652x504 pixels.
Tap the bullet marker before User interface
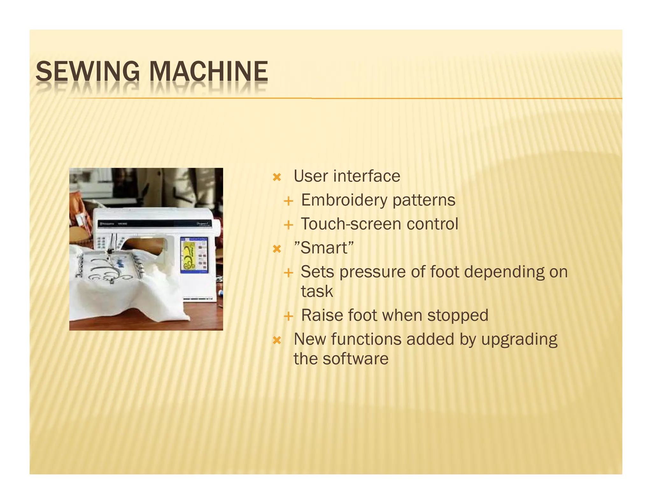coord(277,177)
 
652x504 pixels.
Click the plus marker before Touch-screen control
coord(288,225)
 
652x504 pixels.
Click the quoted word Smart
coord(324,248)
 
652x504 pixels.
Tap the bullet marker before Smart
coord(277,249)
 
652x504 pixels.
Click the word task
coord(317,292)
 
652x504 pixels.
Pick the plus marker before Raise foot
coord(288,316)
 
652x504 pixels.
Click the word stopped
coord(457,315)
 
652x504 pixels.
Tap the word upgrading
coord(519,340)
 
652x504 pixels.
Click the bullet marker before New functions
coord(277,340)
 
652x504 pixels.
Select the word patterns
coord(424,201)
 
